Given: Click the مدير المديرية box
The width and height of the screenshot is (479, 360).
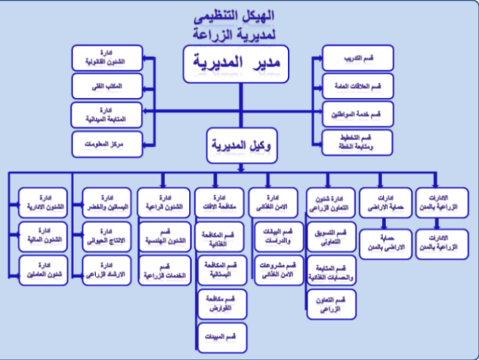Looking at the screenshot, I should pos(239,65).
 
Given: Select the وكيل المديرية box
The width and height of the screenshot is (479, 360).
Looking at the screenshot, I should pos(239,146).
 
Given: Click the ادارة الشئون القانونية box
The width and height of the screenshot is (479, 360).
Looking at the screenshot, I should pos(107,57).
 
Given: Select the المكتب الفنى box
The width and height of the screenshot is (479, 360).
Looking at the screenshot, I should pos(107,86).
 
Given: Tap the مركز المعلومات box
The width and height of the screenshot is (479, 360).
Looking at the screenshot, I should pos(107,143).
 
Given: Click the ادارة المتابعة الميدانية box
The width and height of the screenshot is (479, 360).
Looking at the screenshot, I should pos(107,114).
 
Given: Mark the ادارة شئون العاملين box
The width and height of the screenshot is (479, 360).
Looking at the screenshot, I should pos(44,269).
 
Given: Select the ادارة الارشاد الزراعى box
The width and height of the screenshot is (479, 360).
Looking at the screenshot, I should pos(105,269).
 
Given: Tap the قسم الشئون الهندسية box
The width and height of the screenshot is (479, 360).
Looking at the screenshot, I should pos(164,236).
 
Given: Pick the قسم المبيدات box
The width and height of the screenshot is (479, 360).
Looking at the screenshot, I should pos(220,338).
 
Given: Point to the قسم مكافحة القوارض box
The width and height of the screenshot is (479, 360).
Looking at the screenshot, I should pos(220,303).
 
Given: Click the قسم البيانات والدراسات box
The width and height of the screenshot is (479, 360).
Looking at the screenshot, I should pos(278,236).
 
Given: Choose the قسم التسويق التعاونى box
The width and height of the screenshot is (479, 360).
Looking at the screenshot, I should pos(332,237).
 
